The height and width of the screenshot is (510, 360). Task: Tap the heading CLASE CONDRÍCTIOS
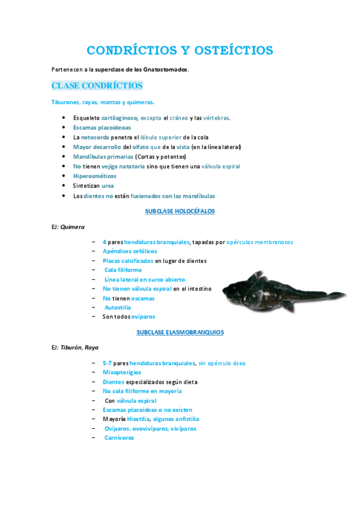click(x=97, y=85)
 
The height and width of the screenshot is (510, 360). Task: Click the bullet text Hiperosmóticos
click(x=94, y=176)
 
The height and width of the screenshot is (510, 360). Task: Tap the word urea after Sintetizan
click(x=108, y=186)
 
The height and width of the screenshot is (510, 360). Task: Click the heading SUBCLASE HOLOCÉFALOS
click(x=180, y=212)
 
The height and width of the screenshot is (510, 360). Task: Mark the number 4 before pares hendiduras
click(x=105, y=242)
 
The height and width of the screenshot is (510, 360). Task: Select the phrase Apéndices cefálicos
click(x=130, y=251)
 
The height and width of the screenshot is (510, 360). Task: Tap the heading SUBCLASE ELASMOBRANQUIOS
click(x=180, y=333)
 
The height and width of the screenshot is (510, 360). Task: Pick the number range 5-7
click(x=107, y=363)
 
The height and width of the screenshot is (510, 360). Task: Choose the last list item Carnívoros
click(x=119, y=438)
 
